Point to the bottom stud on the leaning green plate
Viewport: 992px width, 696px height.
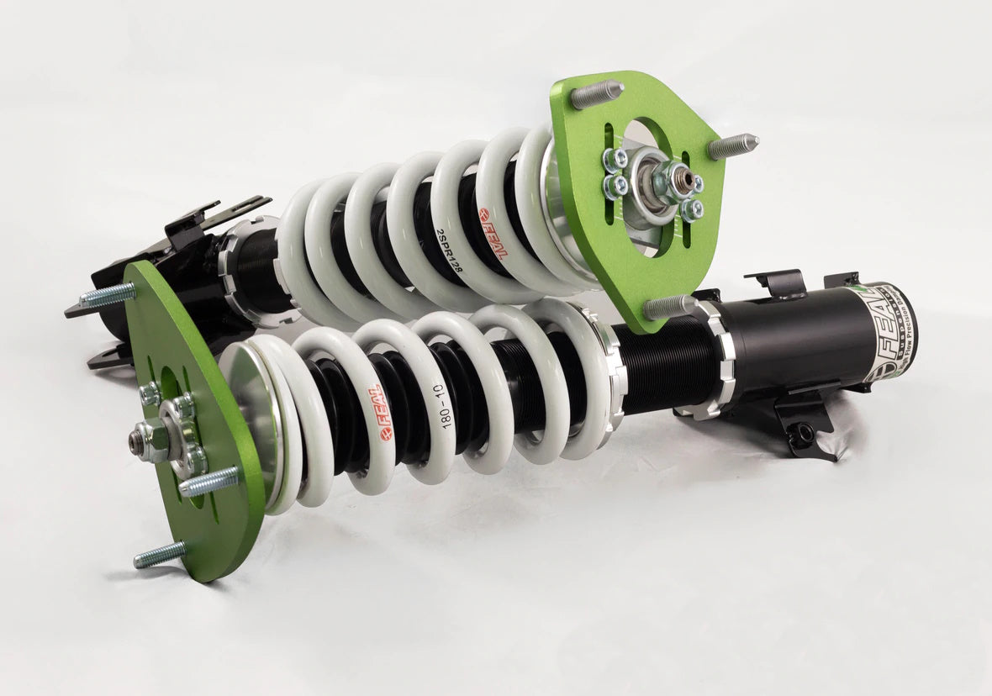[160, 555]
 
